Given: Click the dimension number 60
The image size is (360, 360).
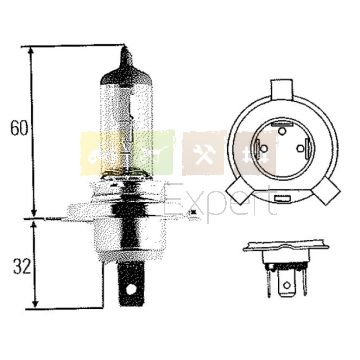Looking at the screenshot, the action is click(19, 128).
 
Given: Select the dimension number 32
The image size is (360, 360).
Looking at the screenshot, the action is click(22, 266).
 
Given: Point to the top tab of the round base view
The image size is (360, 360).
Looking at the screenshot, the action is click(282, 89).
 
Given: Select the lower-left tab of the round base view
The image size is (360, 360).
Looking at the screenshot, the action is click(239, 191).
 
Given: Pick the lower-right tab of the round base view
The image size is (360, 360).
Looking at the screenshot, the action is click(327, 191).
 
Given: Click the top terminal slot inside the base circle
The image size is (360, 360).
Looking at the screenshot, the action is click(281, 124).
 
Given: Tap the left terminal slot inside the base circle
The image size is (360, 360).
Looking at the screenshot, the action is click(257, 148).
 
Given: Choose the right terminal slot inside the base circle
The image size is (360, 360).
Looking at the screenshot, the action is click(308, 148).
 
